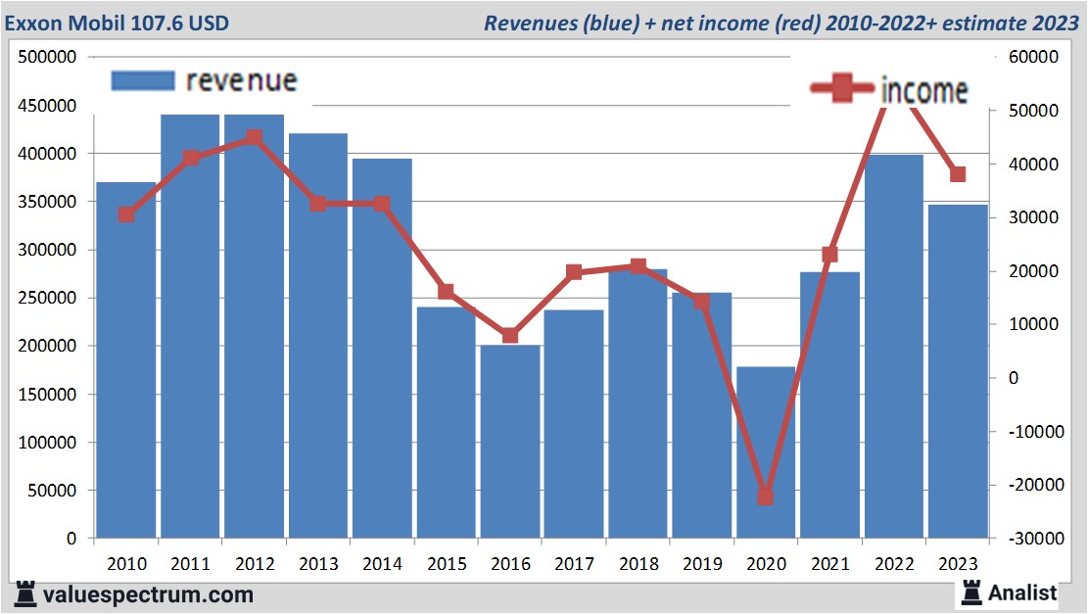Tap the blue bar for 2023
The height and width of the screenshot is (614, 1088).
pos(958,372)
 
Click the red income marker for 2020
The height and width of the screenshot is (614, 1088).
pos(766,496)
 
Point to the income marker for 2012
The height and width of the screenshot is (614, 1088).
pos(255,138)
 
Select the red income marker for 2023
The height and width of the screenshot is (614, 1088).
pos(958,175)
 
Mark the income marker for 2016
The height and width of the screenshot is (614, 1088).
pos(510,336)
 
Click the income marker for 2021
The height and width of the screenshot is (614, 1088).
pos(829,255)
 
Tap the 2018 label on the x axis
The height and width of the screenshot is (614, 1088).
pos(639,564)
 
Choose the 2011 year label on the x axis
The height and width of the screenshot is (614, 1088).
pos(190,564)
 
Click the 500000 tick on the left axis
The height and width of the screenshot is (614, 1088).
pos(48,58)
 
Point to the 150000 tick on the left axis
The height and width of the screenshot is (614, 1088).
pos(48,395)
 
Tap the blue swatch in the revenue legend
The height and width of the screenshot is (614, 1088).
pos(143,80)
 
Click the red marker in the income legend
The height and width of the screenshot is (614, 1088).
pos(842,89)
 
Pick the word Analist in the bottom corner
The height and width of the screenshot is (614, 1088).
pos(1021,592)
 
